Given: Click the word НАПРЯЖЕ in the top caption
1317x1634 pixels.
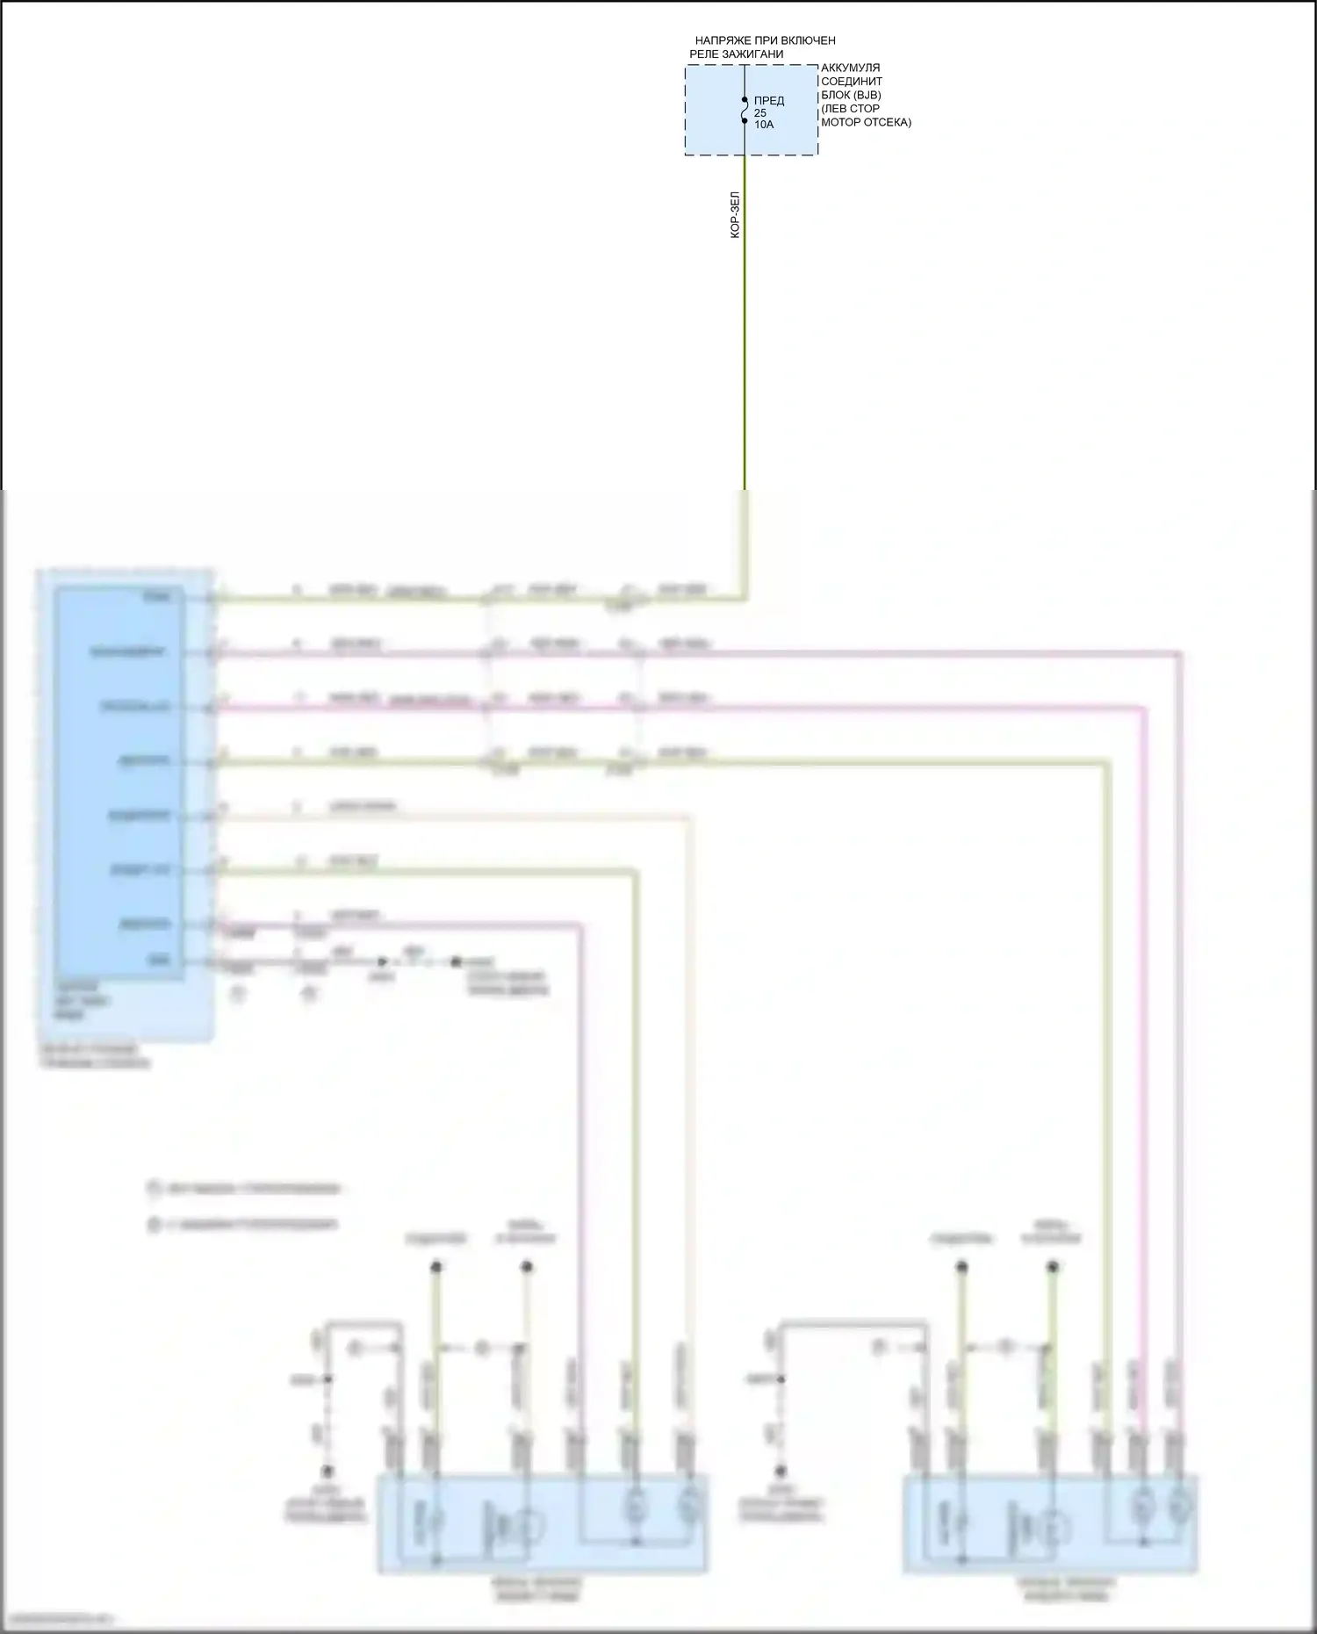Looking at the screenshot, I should [723, 40].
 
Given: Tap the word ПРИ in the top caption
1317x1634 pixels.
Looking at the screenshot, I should [766, 40].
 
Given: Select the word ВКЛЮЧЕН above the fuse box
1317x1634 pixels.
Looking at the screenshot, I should [809, 40].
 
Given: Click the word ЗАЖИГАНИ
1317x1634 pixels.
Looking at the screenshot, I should [754, 54].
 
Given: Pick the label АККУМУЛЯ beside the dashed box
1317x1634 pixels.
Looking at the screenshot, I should [850, 68].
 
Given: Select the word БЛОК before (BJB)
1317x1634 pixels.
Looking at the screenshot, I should [836, 95].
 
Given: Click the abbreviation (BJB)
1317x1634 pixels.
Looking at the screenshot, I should [867, 95].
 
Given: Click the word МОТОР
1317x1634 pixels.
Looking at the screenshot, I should [840, 122].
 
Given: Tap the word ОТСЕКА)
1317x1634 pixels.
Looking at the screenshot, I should [887, 122].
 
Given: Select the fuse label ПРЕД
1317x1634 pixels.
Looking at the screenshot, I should [769, 101].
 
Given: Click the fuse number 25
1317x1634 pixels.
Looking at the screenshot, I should [760, 113].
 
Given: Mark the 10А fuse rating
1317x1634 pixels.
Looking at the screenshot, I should [764, 125].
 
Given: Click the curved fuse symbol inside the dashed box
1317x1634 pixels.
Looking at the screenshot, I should [745, 111].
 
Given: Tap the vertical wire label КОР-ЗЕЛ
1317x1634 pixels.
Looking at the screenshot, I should [736, 215].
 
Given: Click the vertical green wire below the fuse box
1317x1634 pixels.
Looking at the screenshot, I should [745, 351].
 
